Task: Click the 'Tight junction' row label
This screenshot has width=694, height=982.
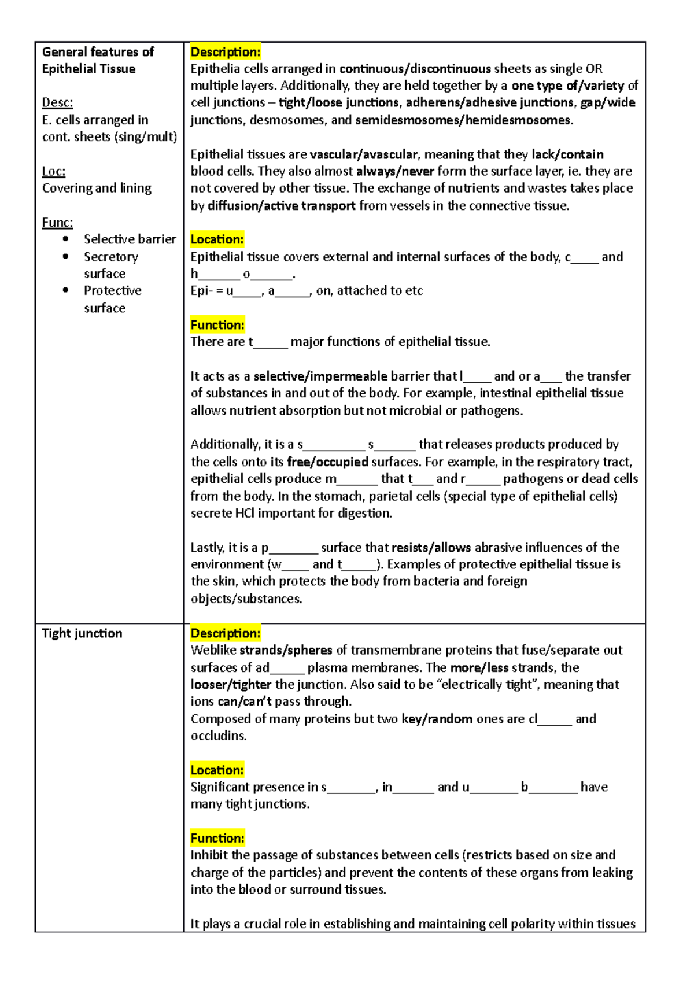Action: click(x=82, y=633)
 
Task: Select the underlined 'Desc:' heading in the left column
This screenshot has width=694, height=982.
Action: click(x=57, y=103)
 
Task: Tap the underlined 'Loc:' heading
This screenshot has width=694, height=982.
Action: click(x=54, y=171)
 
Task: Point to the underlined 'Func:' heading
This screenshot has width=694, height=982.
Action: click(x=57, y=223)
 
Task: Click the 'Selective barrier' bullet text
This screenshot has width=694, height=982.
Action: click(x=130, y=239)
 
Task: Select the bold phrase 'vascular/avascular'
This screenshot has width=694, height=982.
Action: click(x=363, y=154)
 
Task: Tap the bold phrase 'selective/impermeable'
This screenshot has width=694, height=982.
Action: click(x=320, y=376)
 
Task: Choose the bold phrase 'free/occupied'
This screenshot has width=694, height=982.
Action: click(x=327, y=462)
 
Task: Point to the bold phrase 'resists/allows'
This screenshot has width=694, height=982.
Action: click(x=431, y=548)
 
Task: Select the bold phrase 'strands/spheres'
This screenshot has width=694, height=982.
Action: click(x=286, y=650)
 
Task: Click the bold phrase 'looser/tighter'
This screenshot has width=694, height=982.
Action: click(x=231, y=685)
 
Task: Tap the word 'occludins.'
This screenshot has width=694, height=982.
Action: click(x=219, y=736)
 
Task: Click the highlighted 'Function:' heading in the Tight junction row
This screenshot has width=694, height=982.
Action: click(x=217, y=838)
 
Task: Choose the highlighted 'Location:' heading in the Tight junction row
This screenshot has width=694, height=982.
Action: click(x=217, y=770)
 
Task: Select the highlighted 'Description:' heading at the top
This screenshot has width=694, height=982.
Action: click(x=226, y=52)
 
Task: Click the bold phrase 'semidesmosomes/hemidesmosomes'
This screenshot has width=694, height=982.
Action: click(x=463, y=120)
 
